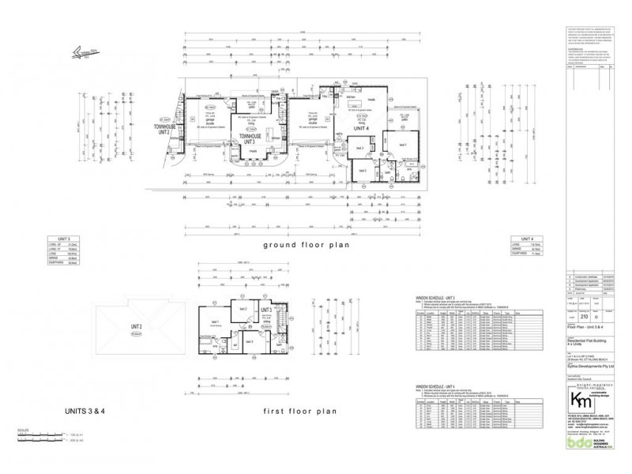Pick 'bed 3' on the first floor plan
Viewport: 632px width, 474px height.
click(248, 341)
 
